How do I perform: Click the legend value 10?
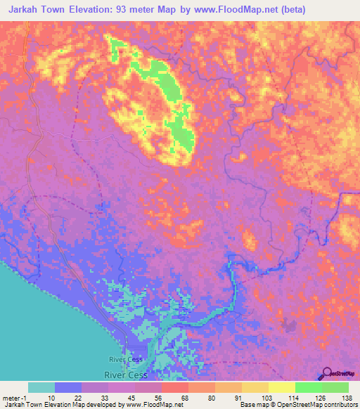51,397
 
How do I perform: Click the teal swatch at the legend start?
41,387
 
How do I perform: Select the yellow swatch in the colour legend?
281,387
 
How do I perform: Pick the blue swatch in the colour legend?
67,387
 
